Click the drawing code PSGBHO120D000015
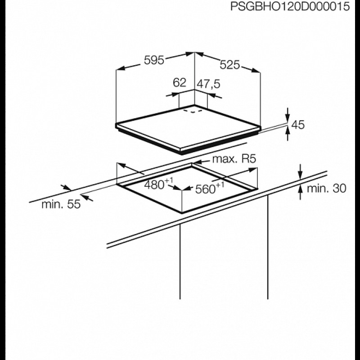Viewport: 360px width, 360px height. (x=290, y=7)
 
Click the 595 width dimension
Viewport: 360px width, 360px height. (x=154, y=60)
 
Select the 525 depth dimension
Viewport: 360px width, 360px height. (x=229, y=65)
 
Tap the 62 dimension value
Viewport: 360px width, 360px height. (x=179, y=83)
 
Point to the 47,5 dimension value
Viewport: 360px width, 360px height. (x=208, y=84)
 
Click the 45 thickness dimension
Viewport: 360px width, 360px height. (x=298, y=125)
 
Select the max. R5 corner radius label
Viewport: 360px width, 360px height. (x=234, y=159)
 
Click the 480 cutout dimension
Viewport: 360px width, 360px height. (x=154, y=185)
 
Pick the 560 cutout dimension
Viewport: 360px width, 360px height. (x=205, y=189)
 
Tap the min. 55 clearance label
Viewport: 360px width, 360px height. (x=61, y=204)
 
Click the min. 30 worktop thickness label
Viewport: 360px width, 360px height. (x=326, y=189)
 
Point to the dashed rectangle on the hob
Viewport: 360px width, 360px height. (x=193, y=111)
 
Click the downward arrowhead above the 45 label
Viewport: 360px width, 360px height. (x=288, y=118)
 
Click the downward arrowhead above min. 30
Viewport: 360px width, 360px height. (x=300, y=174)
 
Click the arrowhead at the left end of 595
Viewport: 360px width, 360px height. (x=121, y=68)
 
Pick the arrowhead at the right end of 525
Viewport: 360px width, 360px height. (x=256, y=71)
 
